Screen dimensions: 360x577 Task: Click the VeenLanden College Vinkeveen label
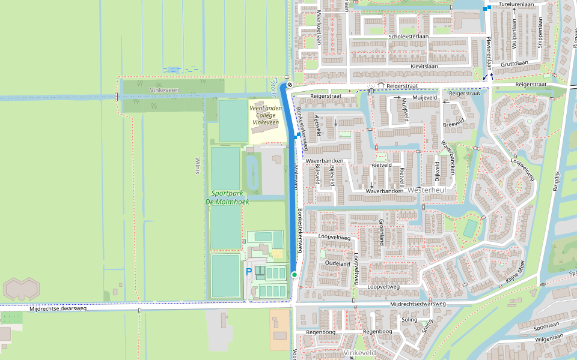coord(265,115)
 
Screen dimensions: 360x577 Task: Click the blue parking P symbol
coord(249,272)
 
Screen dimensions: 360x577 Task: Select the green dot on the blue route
coord(295,274)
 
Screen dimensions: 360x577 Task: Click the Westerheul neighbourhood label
coord(426,190)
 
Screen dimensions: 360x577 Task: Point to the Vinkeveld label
coord(359,353)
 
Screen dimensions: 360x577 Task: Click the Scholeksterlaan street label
coord(409,37)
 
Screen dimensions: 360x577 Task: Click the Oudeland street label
coord(337,264)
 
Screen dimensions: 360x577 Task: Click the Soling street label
coord(409,320)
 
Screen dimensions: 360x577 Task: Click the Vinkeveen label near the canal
coord(164,90)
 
